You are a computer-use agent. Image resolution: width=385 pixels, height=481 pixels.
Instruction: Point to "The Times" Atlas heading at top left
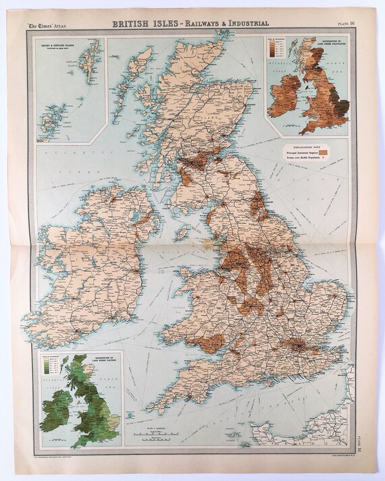coord(55,25)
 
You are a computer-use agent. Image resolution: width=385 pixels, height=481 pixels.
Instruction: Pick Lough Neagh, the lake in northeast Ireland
coord(139,229)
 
